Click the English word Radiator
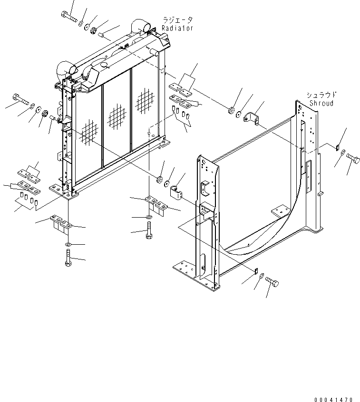tap(177, 29)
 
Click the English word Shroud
tap(321, 103)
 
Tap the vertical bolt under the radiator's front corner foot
tap(67, 259)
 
